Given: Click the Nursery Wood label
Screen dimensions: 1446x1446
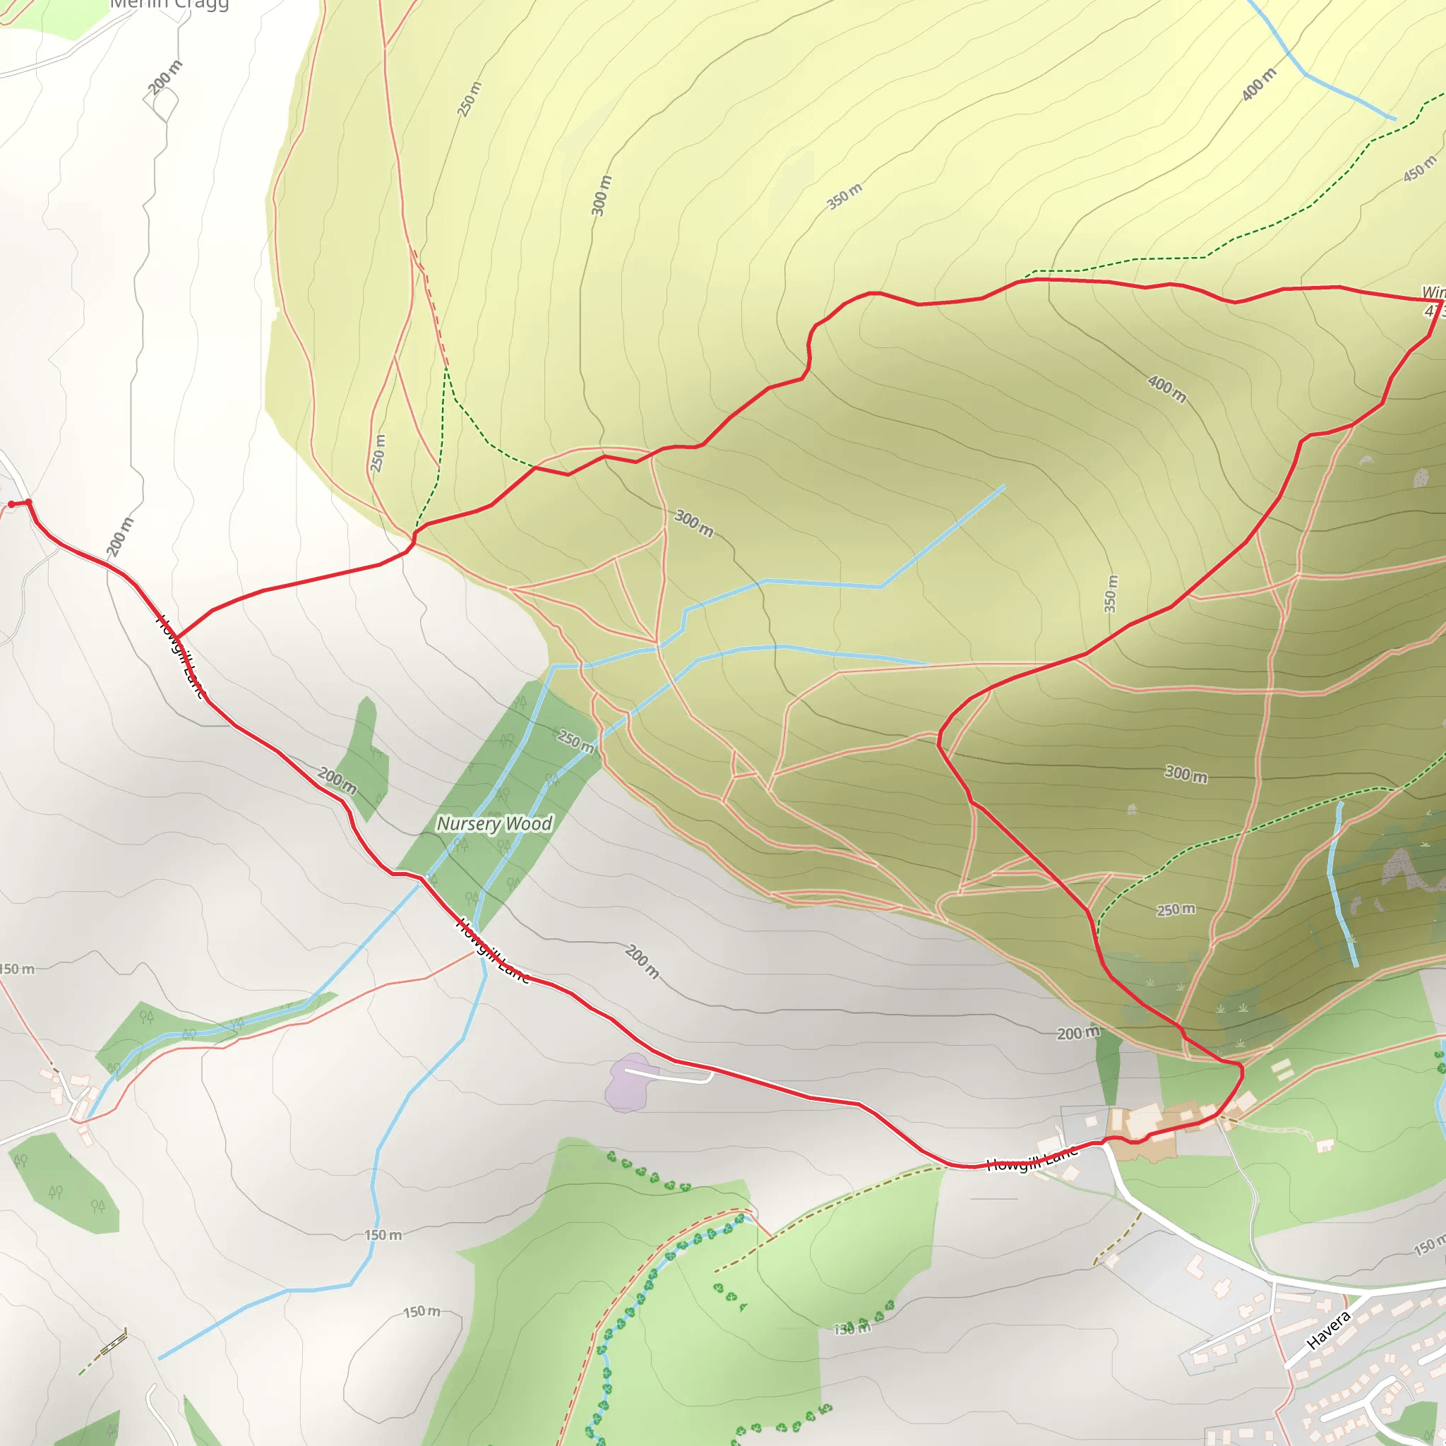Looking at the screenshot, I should [x=494, y=823].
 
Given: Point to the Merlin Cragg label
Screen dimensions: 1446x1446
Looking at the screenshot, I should [x=169, y=4].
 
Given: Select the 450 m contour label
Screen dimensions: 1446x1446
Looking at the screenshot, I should [x=1420, y=169].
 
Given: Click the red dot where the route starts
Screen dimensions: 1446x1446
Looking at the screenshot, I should [x=11, y=503].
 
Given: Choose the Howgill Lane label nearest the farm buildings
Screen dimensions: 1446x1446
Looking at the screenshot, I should [x=1033, y=1159].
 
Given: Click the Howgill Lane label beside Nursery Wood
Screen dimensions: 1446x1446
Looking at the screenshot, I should [x=493, y=950].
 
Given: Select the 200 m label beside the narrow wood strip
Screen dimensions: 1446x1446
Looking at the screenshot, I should [x=1077, y=1034].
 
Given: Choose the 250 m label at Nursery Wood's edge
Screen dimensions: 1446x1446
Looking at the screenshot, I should [x=575, y=741].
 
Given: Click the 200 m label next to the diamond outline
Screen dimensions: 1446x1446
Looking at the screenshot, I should [x=165, y=77].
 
